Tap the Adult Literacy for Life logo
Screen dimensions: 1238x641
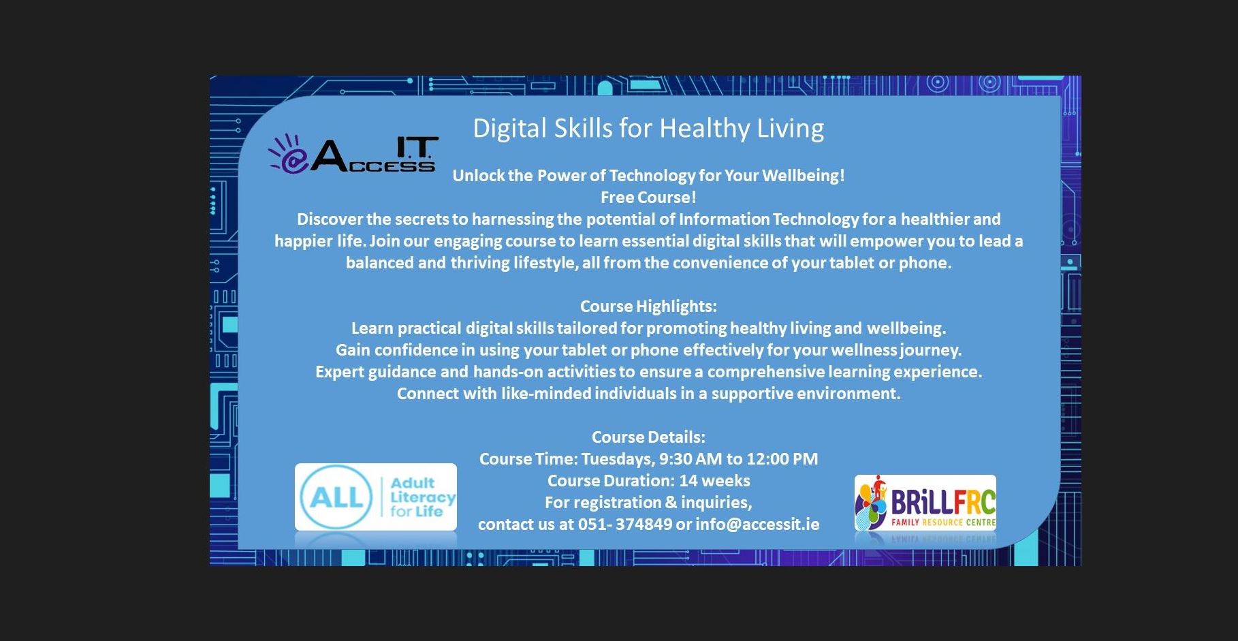pos(376,497)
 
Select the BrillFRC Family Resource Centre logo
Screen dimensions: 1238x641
pos(925,503)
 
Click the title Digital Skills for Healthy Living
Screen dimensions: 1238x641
pos(648,128)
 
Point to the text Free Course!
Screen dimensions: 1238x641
pos(648,198)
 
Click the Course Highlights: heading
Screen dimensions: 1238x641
pos(648,307)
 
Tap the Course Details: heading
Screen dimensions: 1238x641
pos(648,437)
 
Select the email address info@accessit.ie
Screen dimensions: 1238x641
pos(757,525)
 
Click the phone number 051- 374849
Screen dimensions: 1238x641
pos(624,525)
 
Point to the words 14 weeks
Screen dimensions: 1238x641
pos(714,481)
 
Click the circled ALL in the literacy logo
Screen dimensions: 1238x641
pos(336,497)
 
